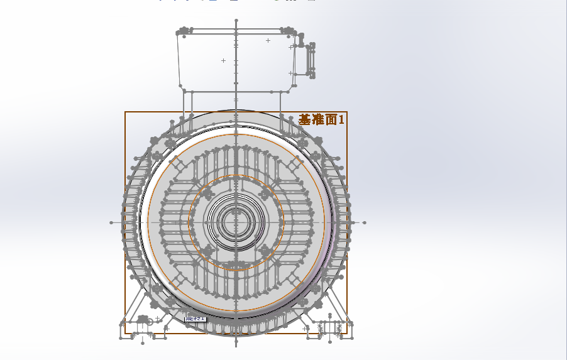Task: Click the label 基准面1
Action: (321, 119)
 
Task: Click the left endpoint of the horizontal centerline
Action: (111, 222)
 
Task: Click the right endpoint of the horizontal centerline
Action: (365, 222)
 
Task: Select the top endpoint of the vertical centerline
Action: (236, 21)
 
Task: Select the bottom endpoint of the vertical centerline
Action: (236, 345)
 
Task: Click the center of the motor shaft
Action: (236, 222)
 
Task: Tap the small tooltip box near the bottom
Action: (195, 319)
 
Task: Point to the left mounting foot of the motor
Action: (143, 329)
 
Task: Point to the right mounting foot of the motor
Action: (328, 329)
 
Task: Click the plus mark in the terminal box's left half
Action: (223, 60)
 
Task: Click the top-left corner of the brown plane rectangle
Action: (125, 112)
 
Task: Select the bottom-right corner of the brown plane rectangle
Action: (347, 333)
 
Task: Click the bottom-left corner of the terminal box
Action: (181, 86)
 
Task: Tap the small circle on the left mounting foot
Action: (150, 322)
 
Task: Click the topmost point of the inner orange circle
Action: (236, 175)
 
